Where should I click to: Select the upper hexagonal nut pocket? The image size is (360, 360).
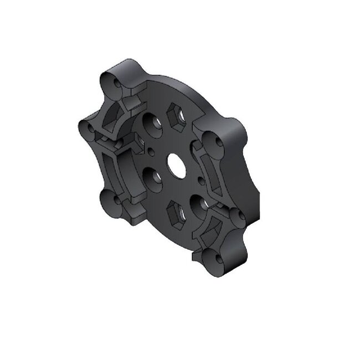(x=175, y=117)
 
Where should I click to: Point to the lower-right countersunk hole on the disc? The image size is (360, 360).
(x=199, y=204)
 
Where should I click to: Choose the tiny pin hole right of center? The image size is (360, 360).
(x=200, y=178)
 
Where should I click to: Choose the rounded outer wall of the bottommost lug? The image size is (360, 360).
(x=230, y=266)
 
